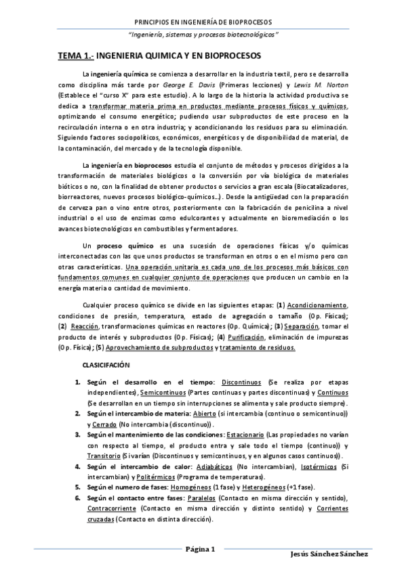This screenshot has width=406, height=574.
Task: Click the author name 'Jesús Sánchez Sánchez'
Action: pos(328,554)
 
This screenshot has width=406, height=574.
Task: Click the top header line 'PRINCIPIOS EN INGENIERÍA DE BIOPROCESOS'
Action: pos(203,22)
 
